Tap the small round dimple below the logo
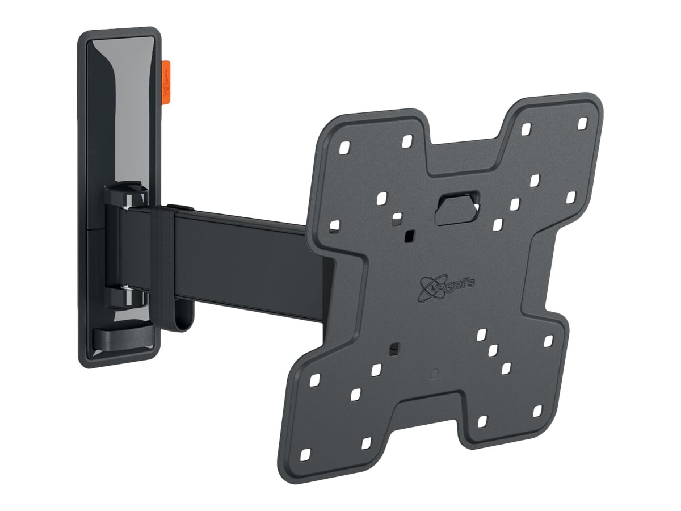[x=434, y=374]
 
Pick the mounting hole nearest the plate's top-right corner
[x=582, y=122]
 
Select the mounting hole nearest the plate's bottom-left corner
[x=306, y=455]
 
